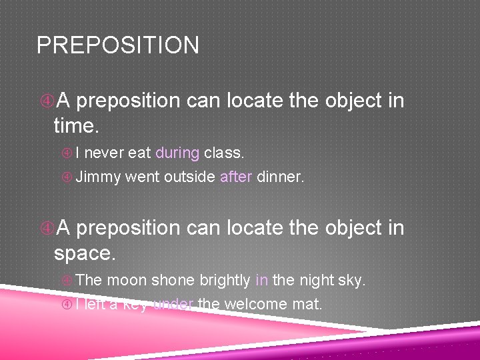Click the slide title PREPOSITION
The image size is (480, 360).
117,45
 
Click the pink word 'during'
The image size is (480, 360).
177,153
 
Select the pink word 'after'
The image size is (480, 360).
235,177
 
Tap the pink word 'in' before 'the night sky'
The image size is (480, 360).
261,280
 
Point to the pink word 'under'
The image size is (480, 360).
173,305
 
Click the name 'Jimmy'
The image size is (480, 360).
98,177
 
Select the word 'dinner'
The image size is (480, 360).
280,177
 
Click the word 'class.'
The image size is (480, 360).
224,153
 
